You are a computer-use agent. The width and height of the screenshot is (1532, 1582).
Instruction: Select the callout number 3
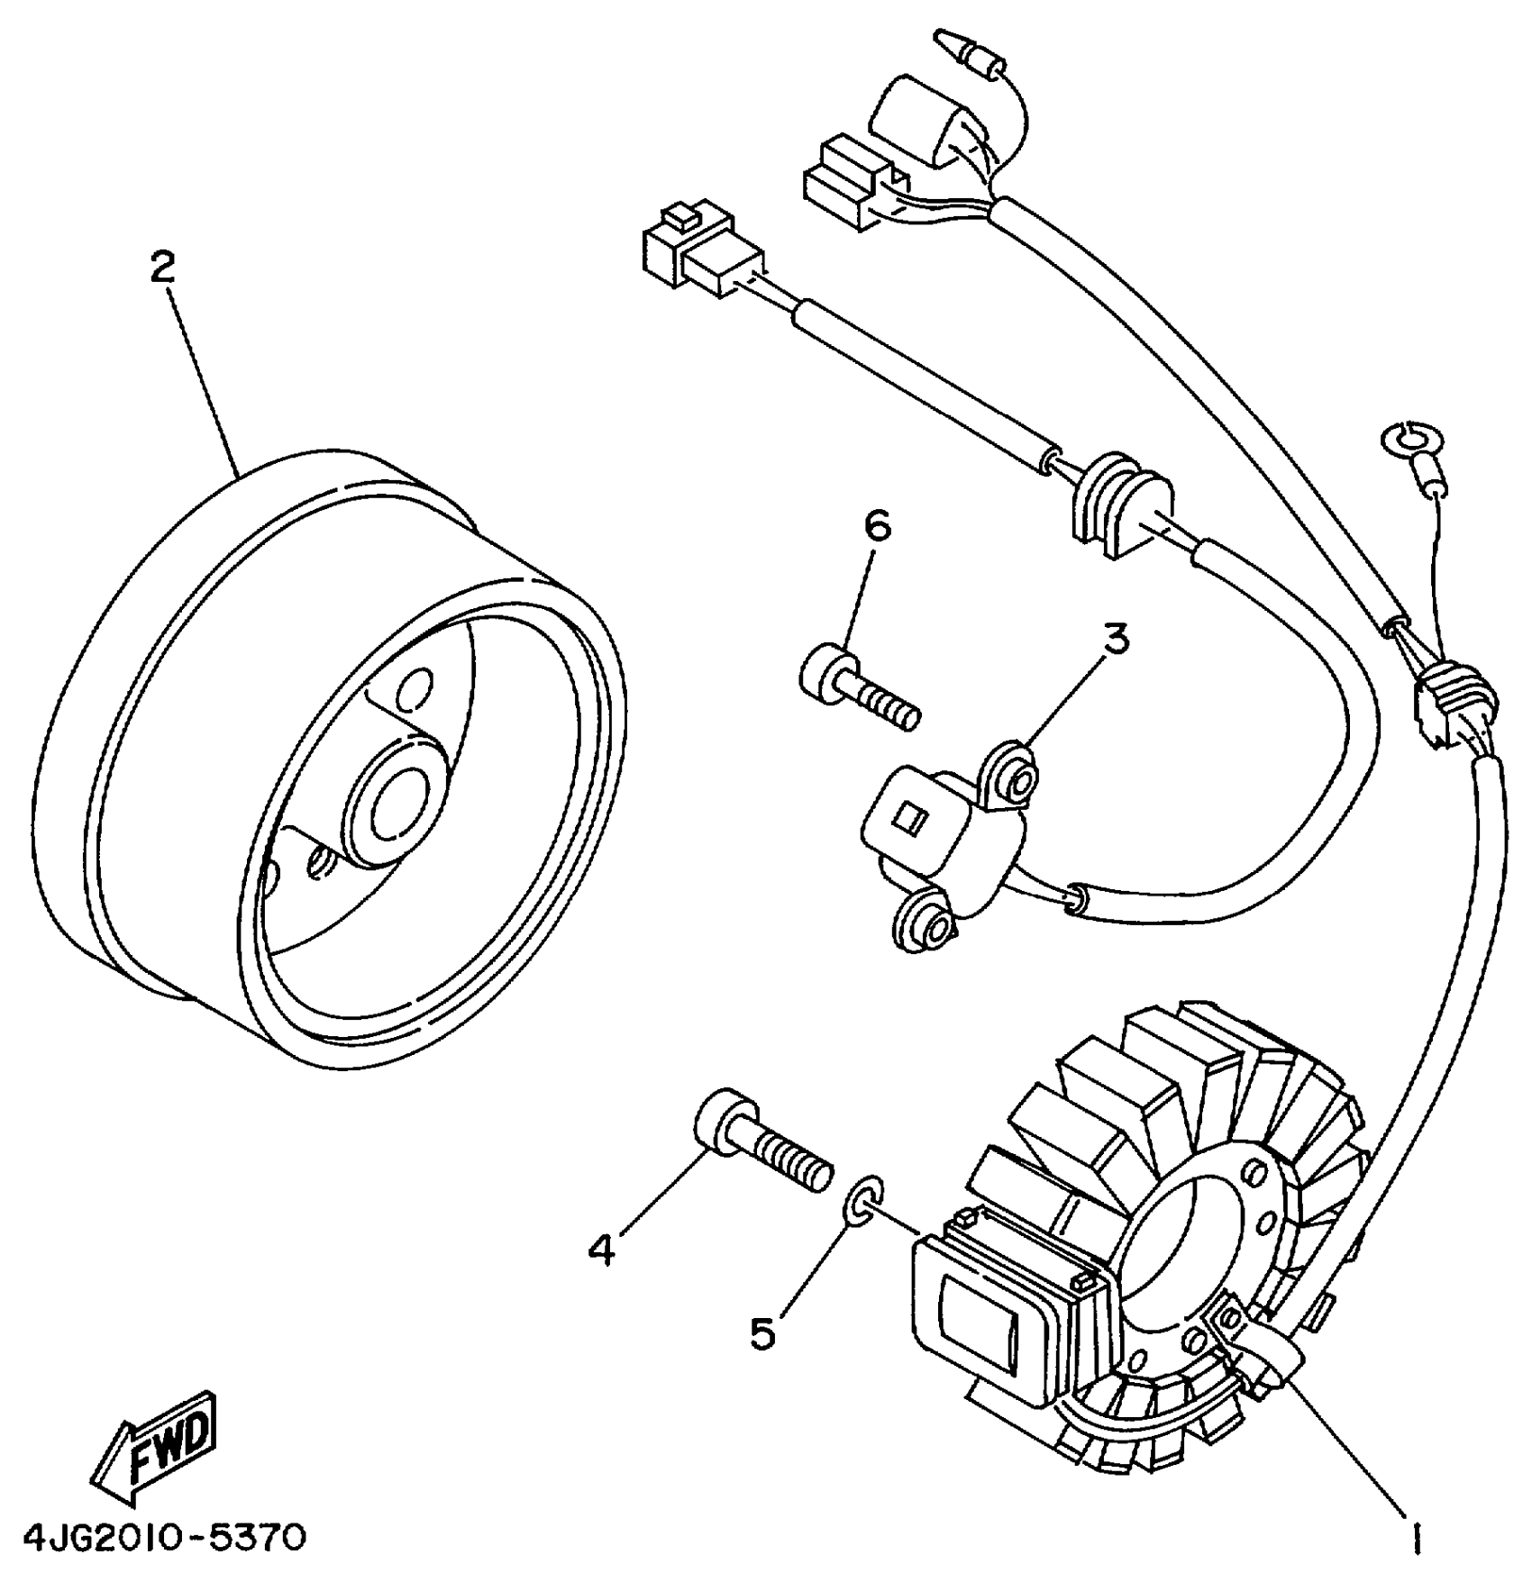(1116, 639)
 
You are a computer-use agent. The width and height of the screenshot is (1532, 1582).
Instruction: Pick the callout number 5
(762, 1332)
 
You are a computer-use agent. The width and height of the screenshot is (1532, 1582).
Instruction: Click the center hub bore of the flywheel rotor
(397, 799)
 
